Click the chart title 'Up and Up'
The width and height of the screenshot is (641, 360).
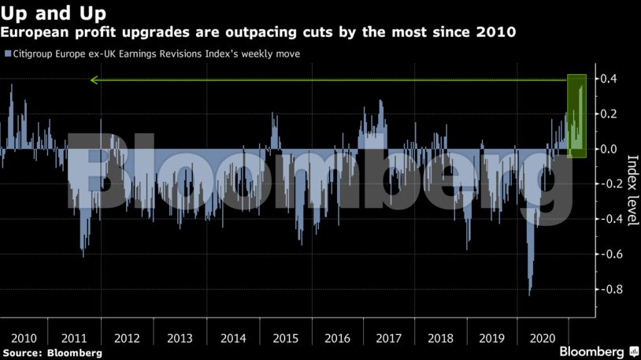point(54,13)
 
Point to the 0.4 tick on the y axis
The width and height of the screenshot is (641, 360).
point(609,79)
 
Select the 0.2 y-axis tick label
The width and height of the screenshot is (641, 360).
point(609,114)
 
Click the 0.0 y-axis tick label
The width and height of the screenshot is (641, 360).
point(609,149)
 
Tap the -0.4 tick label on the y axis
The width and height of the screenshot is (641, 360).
point(606,219)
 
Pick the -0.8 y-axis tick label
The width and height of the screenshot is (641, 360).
point(606,289)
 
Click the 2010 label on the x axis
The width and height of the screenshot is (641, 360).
point(22,338)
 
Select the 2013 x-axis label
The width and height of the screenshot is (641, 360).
point(180,338)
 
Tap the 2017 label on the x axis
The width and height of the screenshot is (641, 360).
point(388,338)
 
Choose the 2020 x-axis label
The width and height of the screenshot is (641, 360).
point(544,338)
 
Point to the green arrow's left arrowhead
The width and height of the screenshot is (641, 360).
point(93,80)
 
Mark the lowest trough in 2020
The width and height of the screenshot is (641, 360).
point(529,295)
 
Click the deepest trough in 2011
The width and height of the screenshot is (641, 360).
point(83,256)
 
